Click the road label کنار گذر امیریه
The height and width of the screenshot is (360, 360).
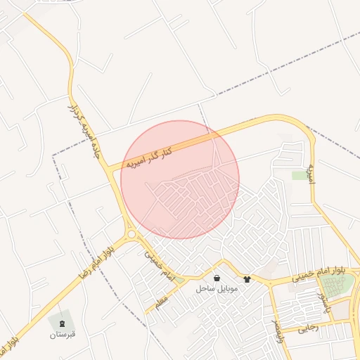click(149, 156)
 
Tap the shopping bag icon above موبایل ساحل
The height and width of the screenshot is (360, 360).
click(216, 278)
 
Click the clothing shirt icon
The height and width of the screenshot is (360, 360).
click(247, 279)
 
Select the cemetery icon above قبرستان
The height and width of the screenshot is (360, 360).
click(61, 323)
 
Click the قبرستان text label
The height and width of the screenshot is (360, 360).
click(61, 335)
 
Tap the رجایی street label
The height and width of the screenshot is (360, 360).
click(309, 327)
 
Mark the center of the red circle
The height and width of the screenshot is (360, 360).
click(180, 179)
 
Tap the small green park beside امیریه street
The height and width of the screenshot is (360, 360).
click(300, 175)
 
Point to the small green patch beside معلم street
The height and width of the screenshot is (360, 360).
click(179, 282)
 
